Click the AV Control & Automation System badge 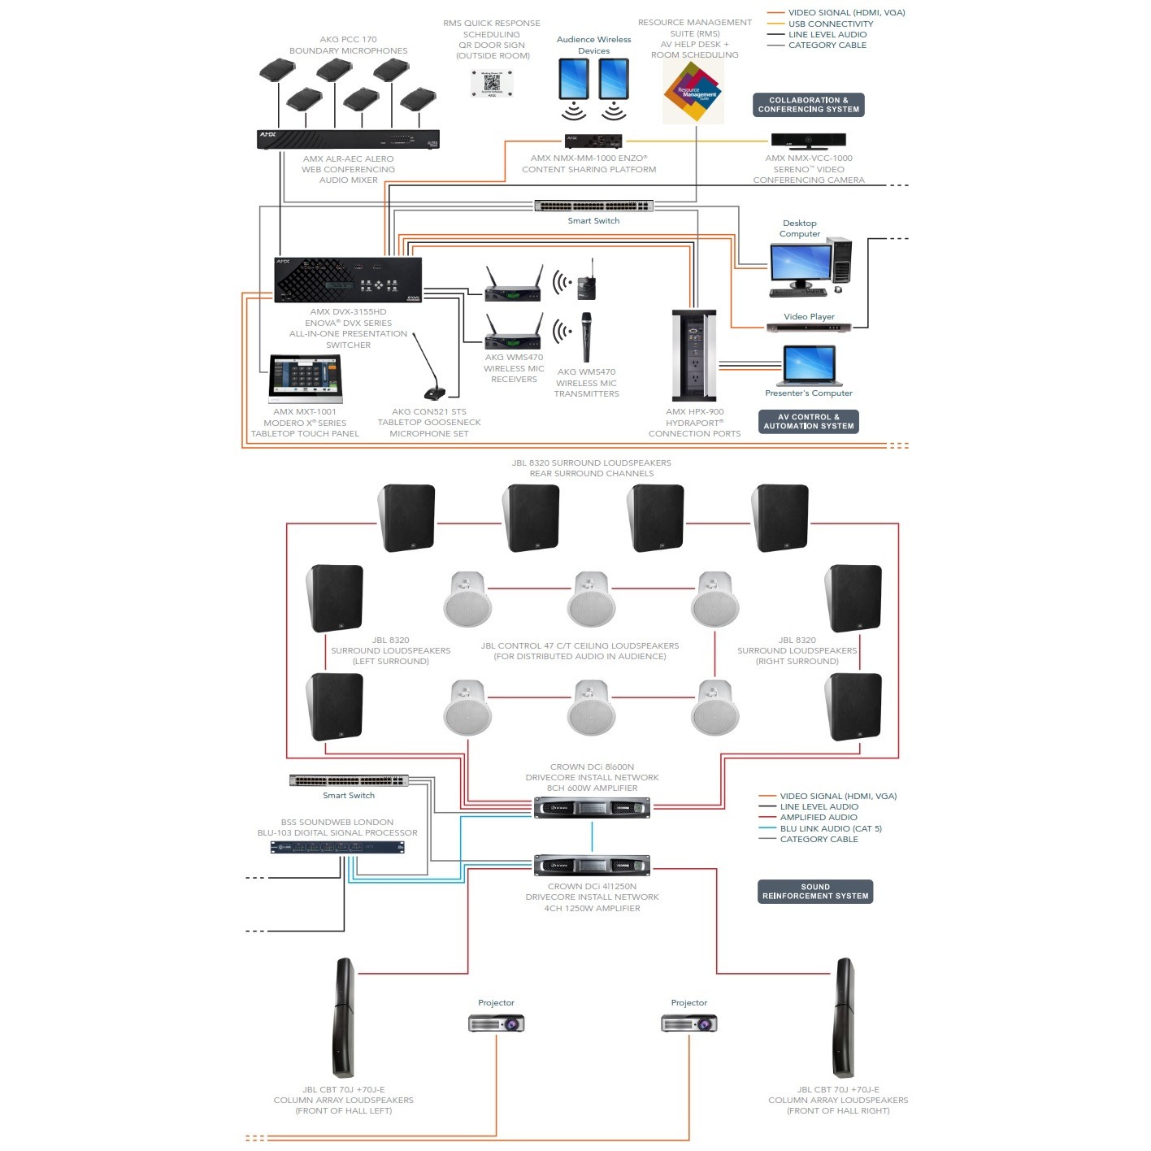(808, 421)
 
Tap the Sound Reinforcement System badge (814, 892)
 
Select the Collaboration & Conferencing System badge (808, 105)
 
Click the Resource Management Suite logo (693, 92)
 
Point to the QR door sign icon (492, 83)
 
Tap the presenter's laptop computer (809, 366)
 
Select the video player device (809, 328)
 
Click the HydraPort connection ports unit (693, 355)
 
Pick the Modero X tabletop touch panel (306, 378)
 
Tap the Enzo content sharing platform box (593, 141)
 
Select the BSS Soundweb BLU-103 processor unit (337, 848)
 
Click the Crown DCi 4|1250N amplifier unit (592, 866)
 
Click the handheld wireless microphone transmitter (585, 337)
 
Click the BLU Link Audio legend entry (830, 828)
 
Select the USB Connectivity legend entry (830, 24)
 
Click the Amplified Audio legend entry (818, 818)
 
